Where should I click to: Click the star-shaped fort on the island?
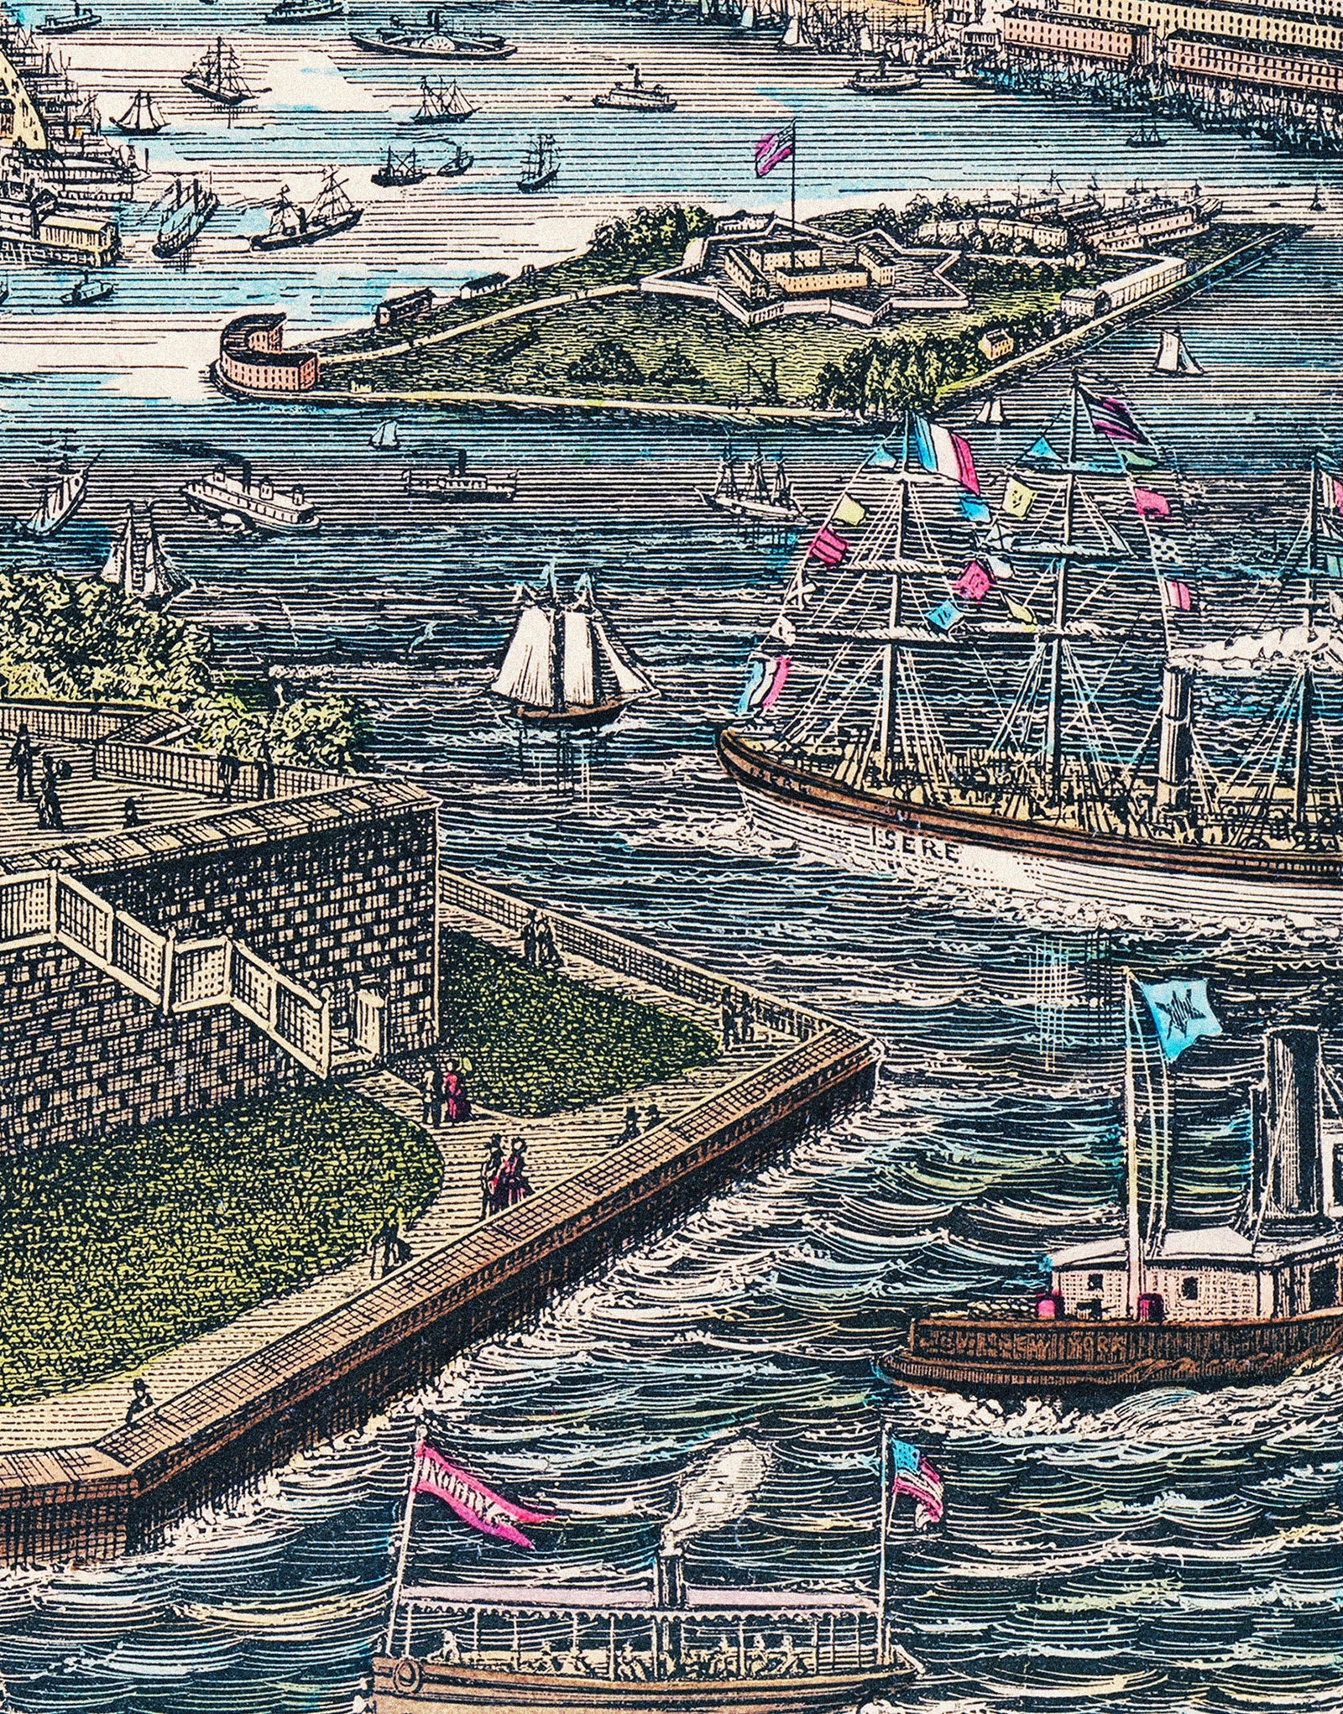click(x=797, y=268)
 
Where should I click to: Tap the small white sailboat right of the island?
click(x=1175, y=352)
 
